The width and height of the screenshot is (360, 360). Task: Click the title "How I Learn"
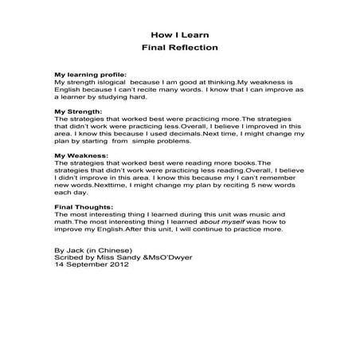[179, 34]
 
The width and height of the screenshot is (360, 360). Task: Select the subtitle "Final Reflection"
[179, 48]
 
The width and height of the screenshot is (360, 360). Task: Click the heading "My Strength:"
[77, 112]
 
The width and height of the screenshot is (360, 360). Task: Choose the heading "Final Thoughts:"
[84, 207]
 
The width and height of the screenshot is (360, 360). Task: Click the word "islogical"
[113, 81]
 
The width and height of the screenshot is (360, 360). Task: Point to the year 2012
[116, 265]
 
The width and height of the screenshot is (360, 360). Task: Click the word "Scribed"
[68, 258]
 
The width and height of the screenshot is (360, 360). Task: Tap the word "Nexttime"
[114, 184]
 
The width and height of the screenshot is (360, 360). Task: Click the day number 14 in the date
[58, 265]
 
